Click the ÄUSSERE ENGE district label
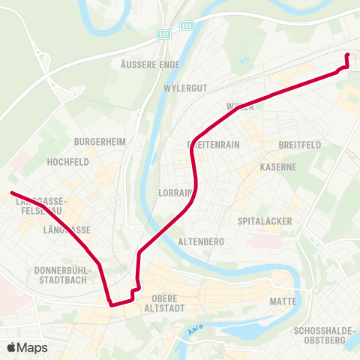(150, 65)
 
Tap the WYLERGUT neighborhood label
(184, 88)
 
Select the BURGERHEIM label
(100, 141)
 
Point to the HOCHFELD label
(68, 161)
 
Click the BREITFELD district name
(299, 144)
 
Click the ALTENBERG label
(202, 242)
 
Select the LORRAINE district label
(177, 193)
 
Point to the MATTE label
(283, 301)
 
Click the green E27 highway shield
(163, 34)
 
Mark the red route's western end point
(12, 193)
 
